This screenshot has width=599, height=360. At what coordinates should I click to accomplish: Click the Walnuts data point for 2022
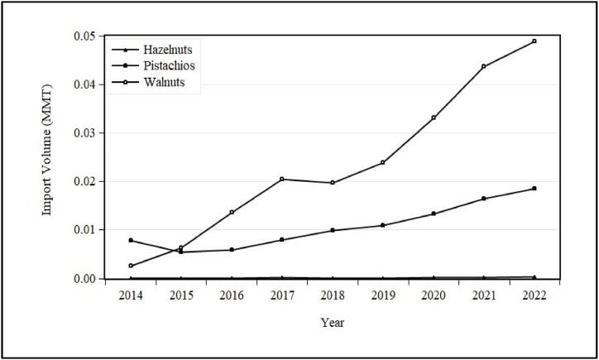pos(534,41)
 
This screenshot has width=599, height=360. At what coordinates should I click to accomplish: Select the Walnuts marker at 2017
pos(282,179)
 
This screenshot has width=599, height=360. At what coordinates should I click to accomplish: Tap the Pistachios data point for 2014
pos(131,240)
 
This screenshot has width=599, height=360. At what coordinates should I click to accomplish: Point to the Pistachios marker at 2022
pos(534,189)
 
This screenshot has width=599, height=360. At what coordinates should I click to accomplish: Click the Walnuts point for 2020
pos(434,118)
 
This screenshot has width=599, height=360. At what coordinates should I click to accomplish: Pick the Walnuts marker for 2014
pos(131,266)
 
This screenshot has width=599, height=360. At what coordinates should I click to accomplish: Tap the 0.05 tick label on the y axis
pos(86,36)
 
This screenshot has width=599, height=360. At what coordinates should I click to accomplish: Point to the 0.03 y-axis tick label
pos(86,133)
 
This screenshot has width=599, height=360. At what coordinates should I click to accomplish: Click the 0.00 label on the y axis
pos(86,279)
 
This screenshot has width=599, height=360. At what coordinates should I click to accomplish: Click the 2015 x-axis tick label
pos(181,294)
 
